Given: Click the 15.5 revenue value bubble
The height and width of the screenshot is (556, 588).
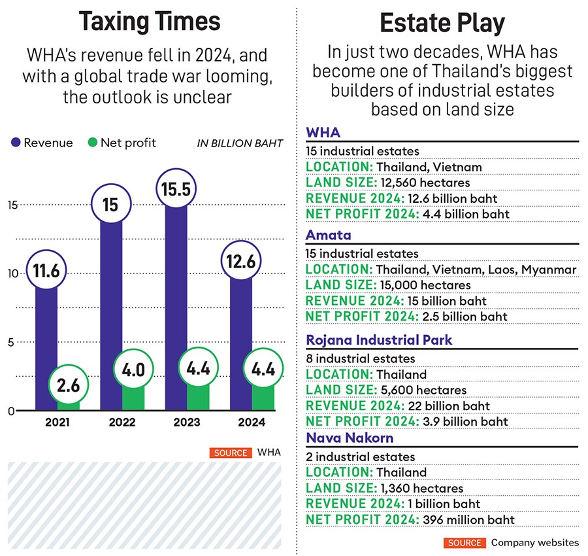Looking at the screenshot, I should [176, 190].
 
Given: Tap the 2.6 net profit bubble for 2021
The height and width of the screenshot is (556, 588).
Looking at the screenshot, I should [68, 385].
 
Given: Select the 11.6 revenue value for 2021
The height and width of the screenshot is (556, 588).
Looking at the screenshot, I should [46, 269].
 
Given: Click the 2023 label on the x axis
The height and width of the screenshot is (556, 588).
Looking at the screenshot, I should [187, 423].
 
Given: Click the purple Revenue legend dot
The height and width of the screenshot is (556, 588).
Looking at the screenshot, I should [16, 143].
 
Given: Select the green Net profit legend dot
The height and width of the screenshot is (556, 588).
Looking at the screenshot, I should [92, 143].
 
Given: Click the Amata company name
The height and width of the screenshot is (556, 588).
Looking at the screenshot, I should [329, 235].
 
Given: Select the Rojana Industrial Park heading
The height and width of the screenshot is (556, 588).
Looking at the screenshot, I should [379, 340].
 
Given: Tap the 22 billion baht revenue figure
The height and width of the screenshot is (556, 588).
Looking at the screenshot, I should [446, 406].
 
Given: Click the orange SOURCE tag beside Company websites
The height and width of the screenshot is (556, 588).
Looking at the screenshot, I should [465, 542].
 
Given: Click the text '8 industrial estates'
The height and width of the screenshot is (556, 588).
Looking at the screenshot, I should [361, 358].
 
